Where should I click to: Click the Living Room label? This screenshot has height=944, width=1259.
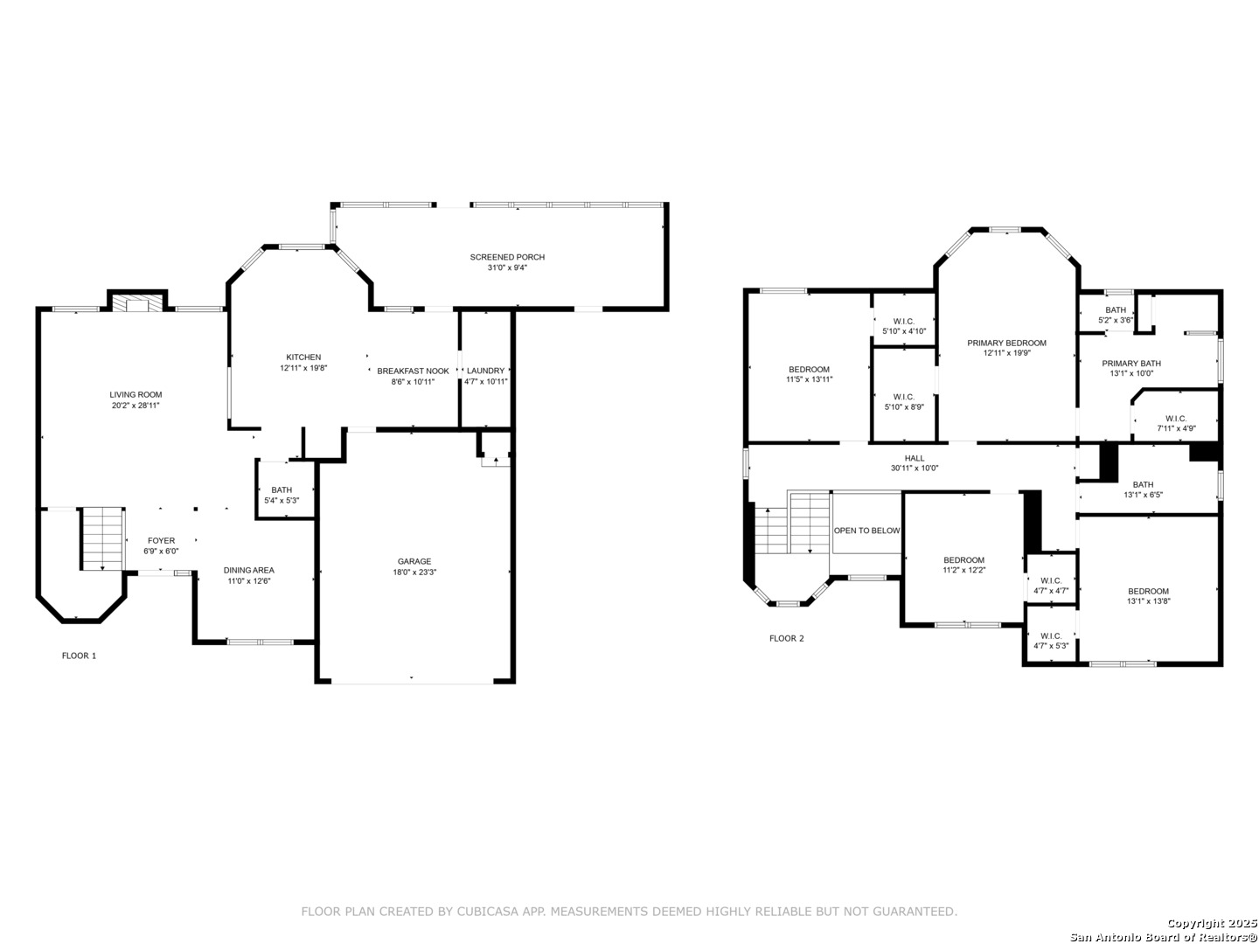point(136,394)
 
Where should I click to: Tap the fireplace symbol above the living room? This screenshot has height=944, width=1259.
point(136,303)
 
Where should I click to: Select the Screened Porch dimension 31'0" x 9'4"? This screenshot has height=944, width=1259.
point(507,267)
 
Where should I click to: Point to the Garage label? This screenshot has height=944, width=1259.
point(414,561)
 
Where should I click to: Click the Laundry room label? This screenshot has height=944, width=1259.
point(485,371)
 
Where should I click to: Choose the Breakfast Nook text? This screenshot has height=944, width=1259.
point(413,371)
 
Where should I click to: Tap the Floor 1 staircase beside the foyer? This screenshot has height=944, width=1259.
point(102,538)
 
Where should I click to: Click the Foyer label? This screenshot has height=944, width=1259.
point(161,540)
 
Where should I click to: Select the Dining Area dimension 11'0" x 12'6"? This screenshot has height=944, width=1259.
point(249,580)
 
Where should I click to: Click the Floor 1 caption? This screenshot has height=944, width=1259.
point(80,656)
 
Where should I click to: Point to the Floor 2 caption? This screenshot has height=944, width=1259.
point(786,638)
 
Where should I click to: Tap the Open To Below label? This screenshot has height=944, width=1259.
point(866,531)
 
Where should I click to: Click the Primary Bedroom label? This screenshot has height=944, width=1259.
point(1006,344)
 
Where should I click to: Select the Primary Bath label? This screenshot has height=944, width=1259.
point(1131,364)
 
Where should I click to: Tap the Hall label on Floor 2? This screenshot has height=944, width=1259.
point(915,458)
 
